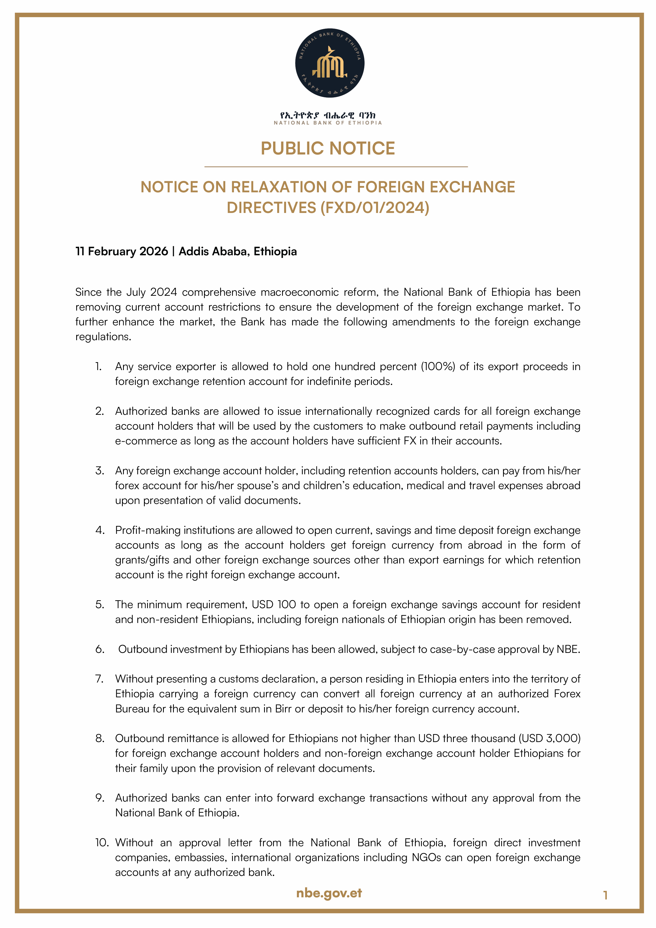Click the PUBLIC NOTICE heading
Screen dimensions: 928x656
pos(328,148)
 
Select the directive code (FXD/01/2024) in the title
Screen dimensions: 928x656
pos(375,208)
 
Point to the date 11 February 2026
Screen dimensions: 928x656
pos(121,251)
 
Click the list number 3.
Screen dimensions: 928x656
pos(99,471)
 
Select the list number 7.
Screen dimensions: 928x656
pos(99,679)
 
